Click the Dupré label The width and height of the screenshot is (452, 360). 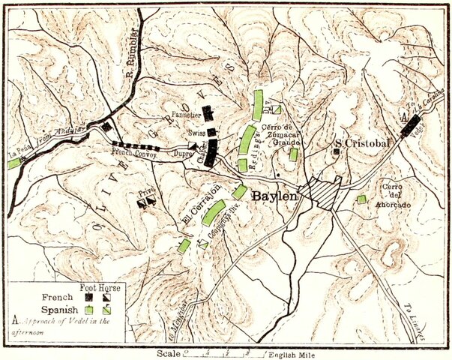[x=182, y=151]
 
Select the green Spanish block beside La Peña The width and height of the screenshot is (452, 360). [x=14, y=163]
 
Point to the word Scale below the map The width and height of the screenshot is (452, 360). [x=169, y=352]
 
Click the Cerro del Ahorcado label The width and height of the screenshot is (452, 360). [x=393, y=195]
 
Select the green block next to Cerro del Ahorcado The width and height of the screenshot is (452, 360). [x=361, y=199]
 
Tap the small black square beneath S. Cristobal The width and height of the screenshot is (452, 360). [x=337, y=151]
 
